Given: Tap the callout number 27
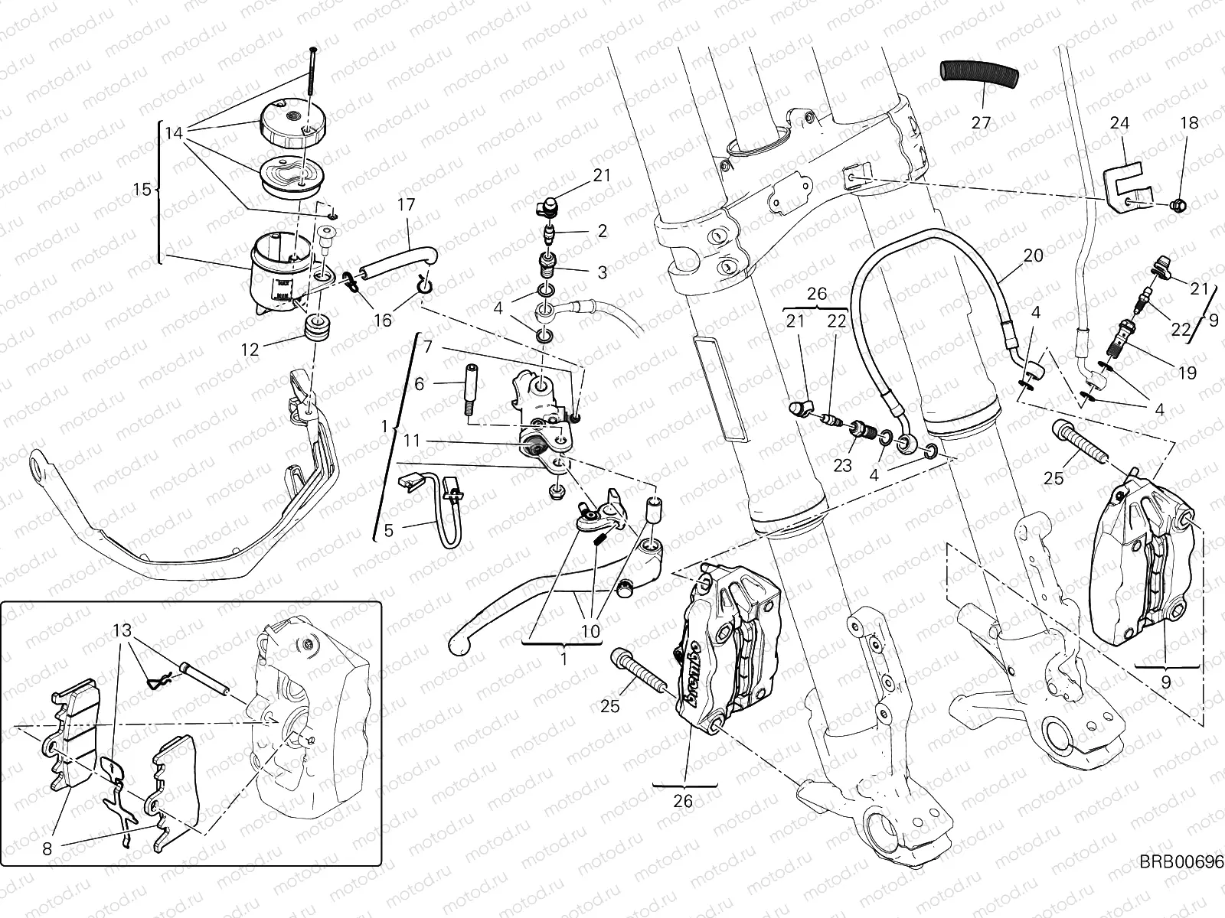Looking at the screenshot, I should point(981,122).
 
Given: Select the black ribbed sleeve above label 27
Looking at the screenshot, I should point(981,73).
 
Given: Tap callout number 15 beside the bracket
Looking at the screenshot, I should point(142,189).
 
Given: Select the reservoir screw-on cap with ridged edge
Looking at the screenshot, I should point(292,123).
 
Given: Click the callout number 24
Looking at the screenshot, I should point(1119,123).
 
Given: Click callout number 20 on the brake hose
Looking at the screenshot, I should point(1033,256).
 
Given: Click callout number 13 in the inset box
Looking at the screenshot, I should point(121,631).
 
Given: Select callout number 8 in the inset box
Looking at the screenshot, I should point(47,848).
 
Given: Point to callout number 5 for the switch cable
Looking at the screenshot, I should point(388,530).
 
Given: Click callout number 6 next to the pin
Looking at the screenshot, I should point(419,385).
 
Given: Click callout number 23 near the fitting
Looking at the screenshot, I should point(842,465).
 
